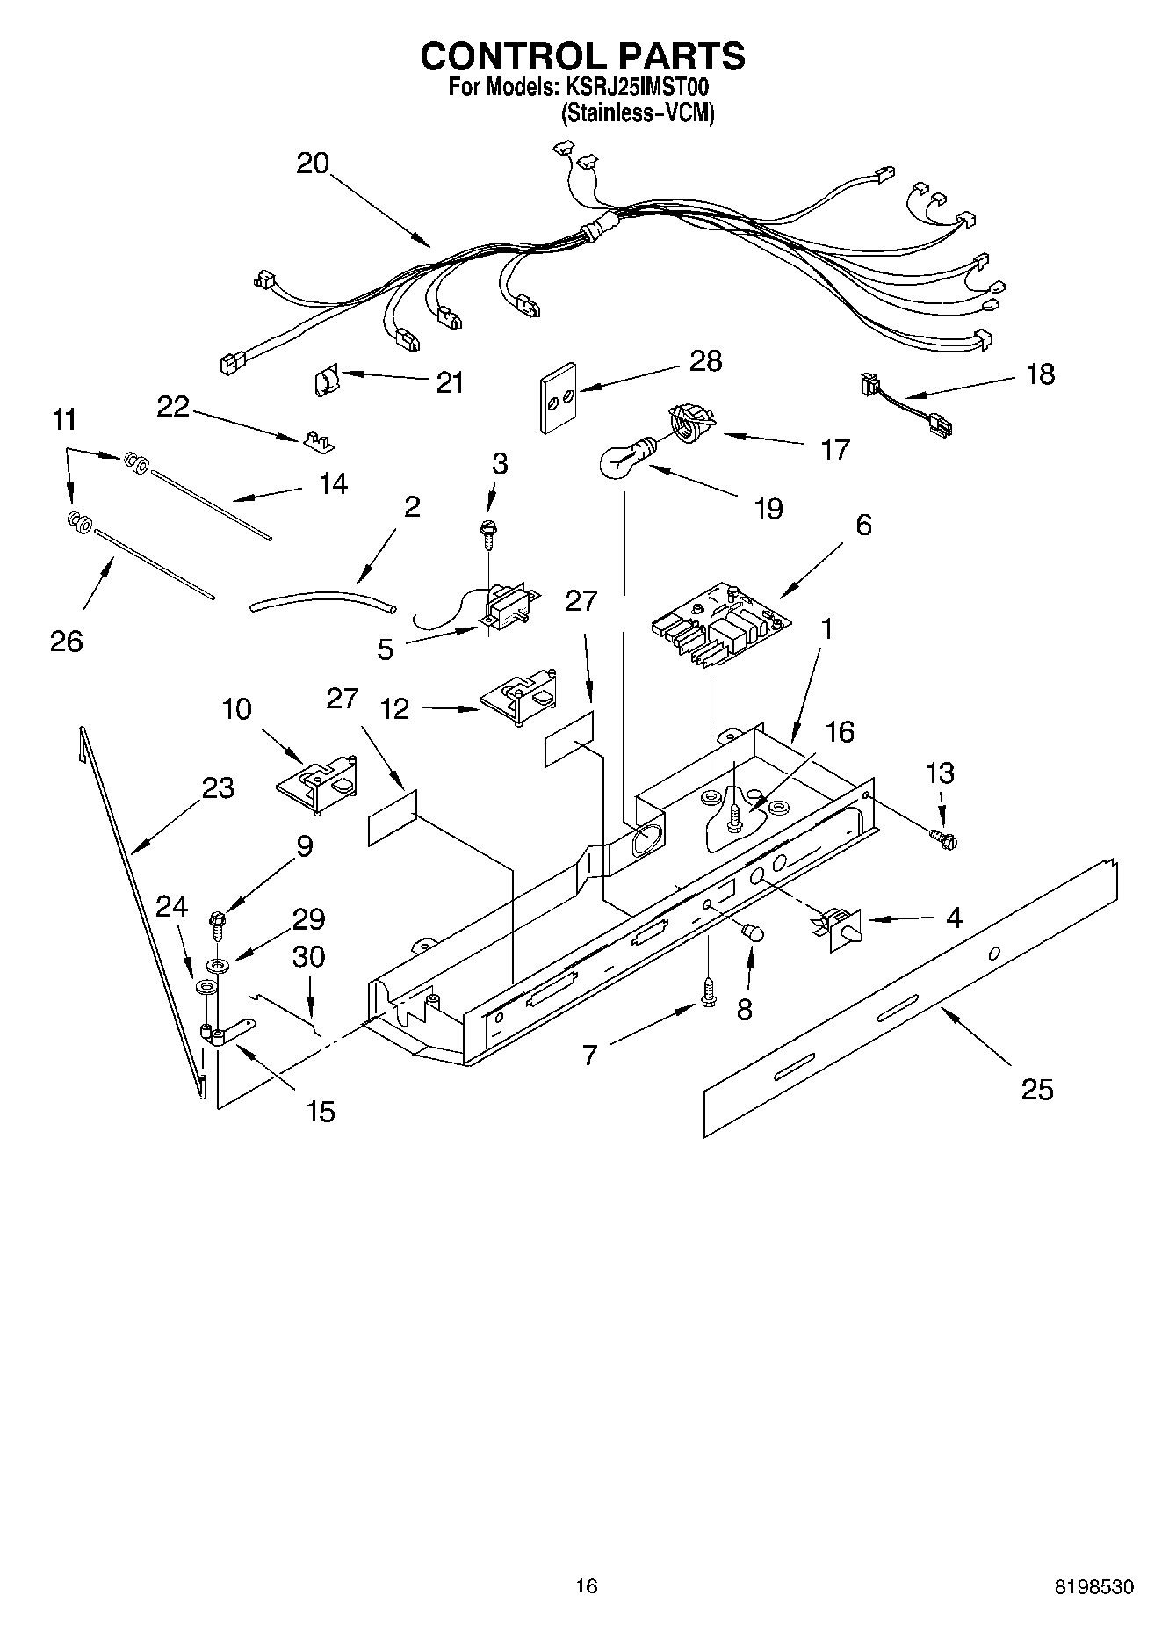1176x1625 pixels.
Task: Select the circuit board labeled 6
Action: pyautogui.click(x=720, y=626)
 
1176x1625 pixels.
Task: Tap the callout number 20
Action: pyautogui.click(x=313, y=163)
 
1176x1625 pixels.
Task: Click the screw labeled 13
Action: pyautogui.click(x=945, y=840)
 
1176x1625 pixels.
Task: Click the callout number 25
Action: pyautogui.click(x=1037, y=1090)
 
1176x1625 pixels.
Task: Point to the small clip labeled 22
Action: pyautogui.click(x=320, y=440)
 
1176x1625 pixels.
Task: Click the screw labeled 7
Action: pyautogui.click(x=708, y=991)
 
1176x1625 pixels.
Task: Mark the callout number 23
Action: pyautogui.click(x=218, y=787)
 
